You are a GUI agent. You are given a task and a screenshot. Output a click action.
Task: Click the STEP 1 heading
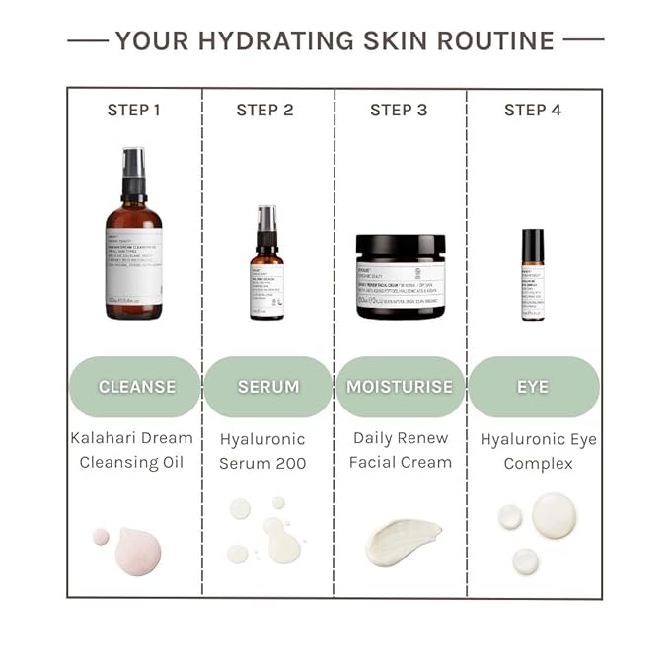tap(133, 110)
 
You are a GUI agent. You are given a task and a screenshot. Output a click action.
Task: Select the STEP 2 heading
tap(264, 110)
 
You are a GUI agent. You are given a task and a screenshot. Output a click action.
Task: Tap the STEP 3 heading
tap(399, 110)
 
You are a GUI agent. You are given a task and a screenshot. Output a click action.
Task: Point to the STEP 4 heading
tap(533, 110)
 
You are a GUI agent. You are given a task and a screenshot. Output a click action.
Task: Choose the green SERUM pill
tap(267, 387)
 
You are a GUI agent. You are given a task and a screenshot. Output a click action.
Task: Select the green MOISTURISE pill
tap(400, 387)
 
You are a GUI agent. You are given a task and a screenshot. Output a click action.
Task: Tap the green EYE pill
tap(533, 387)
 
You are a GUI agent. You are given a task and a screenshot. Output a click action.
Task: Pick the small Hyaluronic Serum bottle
tap(266, 271)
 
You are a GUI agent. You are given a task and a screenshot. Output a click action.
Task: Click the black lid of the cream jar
tap(401, 246)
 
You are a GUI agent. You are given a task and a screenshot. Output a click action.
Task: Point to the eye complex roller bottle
tap(533, 276)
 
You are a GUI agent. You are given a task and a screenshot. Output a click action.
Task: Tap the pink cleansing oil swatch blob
tap(137, 549)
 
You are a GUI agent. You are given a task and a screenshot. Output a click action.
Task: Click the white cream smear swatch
tap(402, 542)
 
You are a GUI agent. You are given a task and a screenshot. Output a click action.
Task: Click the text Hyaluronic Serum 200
tap(262, 450)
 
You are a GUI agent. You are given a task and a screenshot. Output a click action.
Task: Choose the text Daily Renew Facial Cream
tap(401, 449)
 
